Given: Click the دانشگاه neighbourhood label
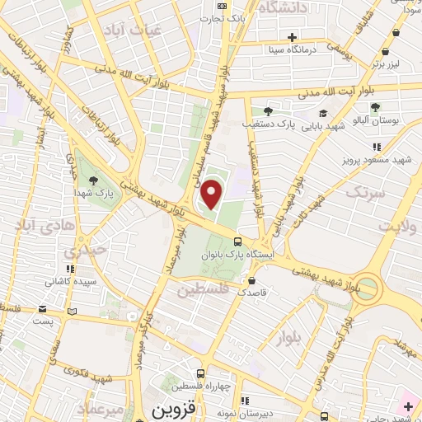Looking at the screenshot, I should click(283, 8).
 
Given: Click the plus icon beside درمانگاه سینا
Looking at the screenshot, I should click(292, 36).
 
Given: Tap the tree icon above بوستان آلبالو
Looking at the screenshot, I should click(375, 107).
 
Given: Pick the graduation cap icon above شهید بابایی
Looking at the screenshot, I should click(323, 113).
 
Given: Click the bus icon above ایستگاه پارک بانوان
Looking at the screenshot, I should click(238, 241).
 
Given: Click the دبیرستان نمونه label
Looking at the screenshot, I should click(230, 410).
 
